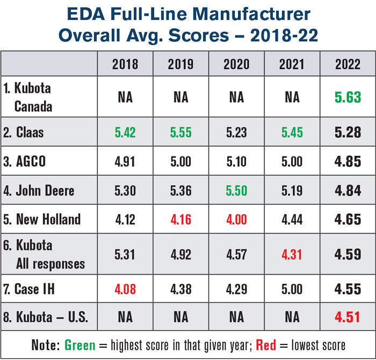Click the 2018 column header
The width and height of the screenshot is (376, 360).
(125, 64)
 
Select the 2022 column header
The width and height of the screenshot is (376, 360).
(348, 64)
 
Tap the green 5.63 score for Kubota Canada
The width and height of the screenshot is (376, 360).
(348, 97)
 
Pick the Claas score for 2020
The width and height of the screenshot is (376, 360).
(236, 132)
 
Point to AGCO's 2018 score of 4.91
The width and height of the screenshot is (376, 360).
(125, 162)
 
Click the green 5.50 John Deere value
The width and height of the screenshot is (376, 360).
(236, 190)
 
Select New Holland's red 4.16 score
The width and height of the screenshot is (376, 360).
(180, 219)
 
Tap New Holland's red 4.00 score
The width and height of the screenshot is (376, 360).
(236, 219)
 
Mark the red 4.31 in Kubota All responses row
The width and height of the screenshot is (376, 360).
(292, 254)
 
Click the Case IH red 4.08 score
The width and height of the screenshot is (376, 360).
(125, 290)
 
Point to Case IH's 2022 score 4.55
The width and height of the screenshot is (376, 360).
(348, 290)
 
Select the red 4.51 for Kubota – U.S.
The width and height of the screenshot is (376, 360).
(348, 318)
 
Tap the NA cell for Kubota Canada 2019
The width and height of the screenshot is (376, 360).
(180, 97)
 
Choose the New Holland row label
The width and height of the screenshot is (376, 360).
(43, 219)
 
